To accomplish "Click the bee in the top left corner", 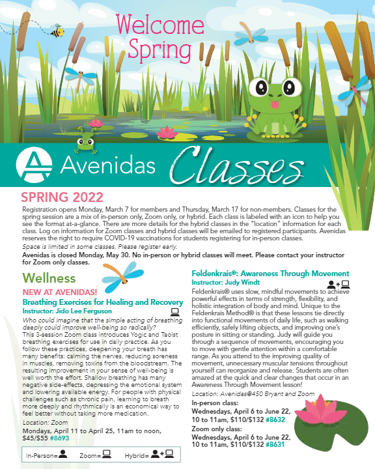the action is click(x=57, y=30).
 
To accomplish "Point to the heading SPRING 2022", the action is click(x=62, y=197).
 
